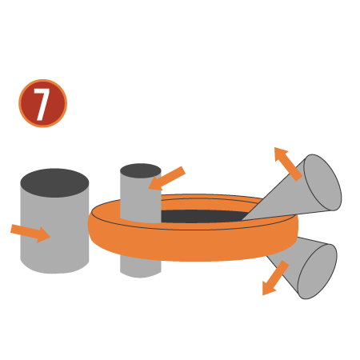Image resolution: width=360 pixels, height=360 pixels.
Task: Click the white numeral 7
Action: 42,104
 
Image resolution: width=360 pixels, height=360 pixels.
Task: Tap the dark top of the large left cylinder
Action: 54,183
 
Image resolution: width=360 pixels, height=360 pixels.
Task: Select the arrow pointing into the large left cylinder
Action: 30,234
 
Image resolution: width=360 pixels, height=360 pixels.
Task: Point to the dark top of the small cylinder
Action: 141,170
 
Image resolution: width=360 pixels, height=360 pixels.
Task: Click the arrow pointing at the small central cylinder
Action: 166,178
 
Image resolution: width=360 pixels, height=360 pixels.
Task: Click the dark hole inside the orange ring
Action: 202,216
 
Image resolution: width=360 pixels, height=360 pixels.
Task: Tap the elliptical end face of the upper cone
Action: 322,182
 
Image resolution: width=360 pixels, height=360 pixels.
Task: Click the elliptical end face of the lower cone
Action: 317,271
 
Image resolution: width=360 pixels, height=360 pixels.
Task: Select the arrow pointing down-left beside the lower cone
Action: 275,278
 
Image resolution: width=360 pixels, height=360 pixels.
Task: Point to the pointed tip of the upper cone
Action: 242,220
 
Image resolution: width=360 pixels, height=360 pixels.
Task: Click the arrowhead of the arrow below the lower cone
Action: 268,289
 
